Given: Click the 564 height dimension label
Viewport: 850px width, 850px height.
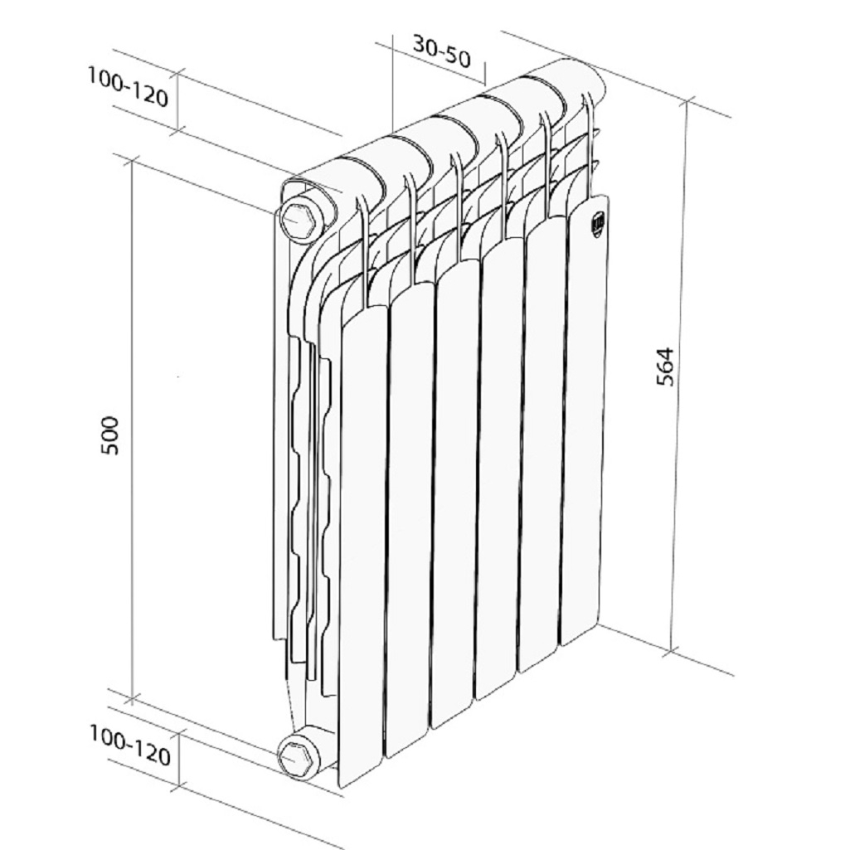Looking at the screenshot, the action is tap(665, 367).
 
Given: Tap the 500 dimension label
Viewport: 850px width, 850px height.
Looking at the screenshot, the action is tap(110, 435).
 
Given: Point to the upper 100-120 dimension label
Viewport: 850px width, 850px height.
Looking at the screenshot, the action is tap(128, 87).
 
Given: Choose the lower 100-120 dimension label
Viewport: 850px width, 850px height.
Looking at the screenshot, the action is tap(130, 746).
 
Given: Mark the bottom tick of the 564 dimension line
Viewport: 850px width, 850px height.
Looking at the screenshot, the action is tap(673, 650).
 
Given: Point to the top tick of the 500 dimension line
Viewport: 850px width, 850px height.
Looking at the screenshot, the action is tap(132, 160).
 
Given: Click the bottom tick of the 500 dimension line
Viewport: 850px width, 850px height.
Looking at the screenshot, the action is tap(133, 699).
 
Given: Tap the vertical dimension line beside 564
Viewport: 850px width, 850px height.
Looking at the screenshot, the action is tap(680, 376).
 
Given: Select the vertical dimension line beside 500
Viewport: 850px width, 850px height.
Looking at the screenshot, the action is tap(132, 430).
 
